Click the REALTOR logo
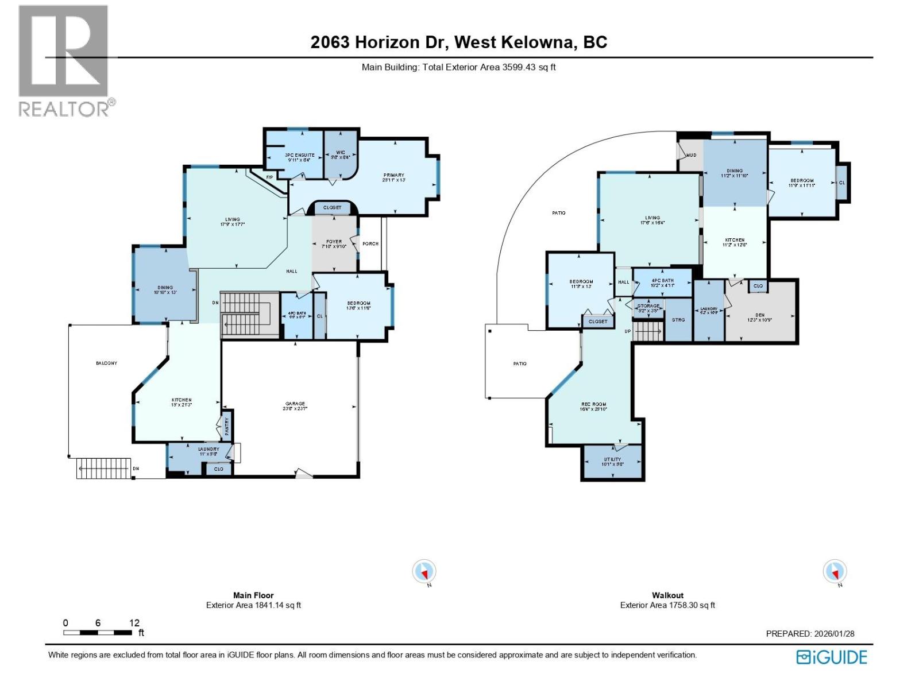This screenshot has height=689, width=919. [x=64, y=60]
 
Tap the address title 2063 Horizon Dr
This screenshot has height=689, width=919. [x=458, y=42]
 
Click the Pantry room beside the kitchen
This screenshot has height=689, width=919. [x=227, y=425]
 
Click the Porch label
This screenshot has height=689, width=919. [x=370, y=243]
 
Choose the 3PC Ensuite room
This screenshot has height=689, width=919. [x=299, y=157]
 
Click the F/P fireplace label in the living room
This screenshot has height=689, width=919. [x=269, y=177]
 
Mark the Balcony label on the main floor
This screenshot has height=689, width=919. [x=106, y=363]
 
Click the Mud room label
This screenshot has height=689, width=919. [x=691, y=155]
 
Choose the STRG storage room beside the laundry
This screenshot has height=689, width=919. [x=678, y=320]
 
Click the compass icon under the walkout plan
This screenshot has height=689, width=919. [x=835, y=572]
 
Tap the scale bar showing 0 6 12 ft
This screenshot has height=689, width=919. [x=98, y=632]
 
